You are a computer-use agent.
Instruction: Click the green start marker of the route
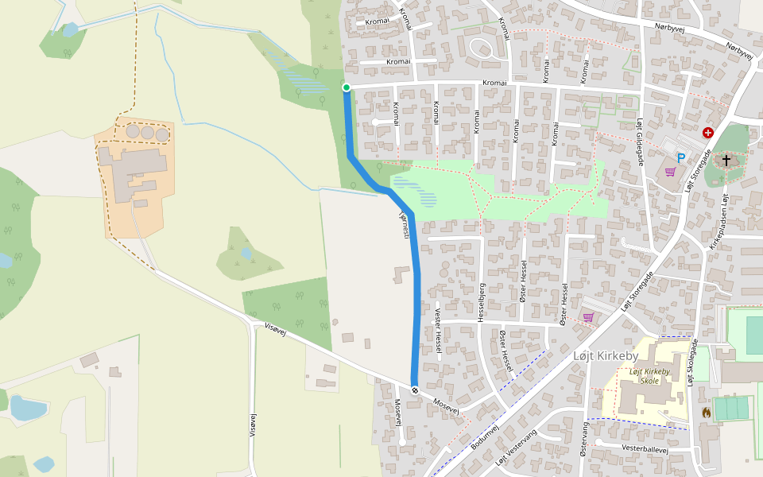click(x=346, y=87)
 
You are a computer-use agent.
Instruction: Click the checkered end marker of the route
click(x=415, y=389)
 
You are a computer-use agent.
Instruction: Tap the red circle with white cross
click(x=707, y=133)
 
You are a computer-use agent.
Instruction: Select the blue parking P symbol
click(x=681, y=158)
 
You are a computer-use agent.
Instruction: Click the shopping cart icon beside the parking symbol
click(x=670, y=171)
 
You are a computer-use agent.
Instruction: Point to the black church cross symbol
click(x=726, y=161)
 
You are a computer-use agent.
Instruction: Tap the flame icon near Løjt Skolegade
click(x=706, y=412)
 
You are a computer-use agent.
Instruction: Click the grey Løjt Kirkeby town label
click(x=605, y=356)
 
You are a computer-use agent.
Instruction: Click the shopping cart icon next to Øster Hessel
click(x=588, y=317)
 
